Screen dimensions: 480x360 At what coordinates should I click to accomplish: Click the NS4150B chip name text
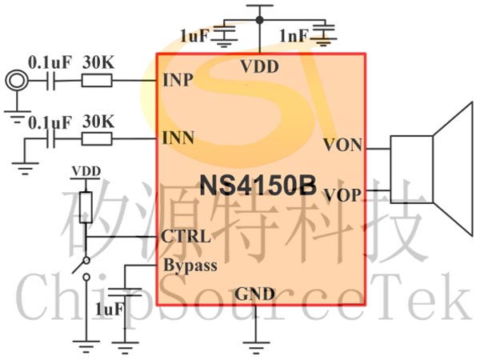point(258,186)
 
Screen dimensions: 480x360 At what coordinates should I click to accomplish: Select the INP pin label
point(178,80)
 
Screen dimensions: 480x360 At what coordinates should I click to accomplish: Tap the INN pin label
point(178,138)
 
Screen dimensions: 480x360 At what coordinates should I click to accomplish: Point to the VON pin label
point(343,145)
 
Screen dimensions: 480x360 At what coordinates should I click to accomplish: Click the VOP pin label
point(342,195)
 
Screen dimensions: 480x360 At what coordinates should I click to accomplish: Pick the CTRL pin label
point(186,236)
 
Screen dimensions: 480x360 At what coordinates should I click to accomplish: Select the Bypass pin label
point(190,266)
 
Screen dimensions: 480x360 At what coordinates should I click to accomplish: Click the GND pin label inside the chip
point(254,294)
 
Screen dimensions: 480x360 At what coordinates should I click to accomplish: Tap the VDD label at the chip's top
point(259,66)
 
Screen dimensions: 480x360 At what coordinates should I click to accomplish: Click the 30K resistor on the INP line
point(97,81)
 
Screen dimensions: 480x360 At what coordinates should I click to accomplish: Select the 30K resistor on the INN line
point(97,139)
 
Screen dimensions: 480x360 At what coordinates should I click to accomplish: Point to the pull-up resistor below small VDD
point(86,207)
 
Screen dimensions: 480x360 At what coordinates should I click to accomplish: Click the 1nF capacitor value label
point(294,36)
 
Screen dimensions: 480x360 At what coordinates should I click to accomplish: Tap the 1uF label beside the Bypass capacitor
point(110,309)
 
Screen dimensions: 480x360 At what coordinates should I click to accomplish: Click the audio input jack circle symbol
point(17,81)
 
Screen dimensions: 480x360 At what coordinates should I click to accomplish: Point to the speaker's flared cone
point(454,170)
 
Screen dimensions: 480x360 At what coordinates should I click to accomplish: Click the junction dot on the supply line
point(259,20)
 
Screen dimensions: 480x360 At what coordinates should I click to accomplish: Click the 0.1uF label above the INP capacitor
point(50,62)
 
